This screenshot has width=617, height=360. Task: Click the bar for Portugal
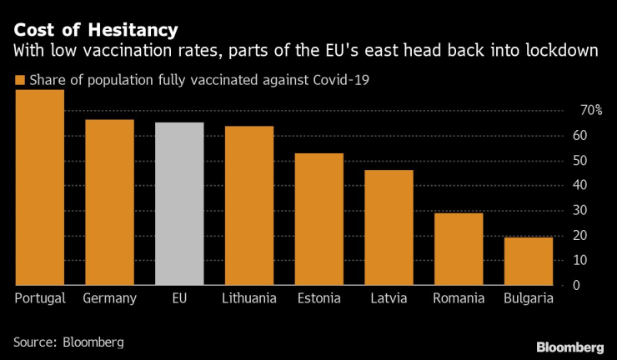40,187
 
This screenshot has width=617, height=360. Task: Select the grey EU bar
179,203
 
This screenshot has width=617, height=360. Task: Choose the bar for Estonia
319,218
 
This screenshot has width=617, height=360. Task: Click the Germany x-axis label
110,298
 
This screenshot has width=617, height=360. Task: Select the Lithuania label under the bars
249,298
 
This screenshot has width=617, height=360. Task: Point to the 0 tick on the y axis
575,285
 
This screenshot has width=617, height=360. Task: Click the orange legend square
19,80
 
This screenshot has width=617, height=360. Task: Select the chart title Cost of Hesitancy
95,31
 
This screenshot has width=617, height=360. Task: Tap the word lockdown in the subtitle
563,52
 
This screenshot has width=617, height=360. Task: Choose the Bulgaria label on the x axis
528,298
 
